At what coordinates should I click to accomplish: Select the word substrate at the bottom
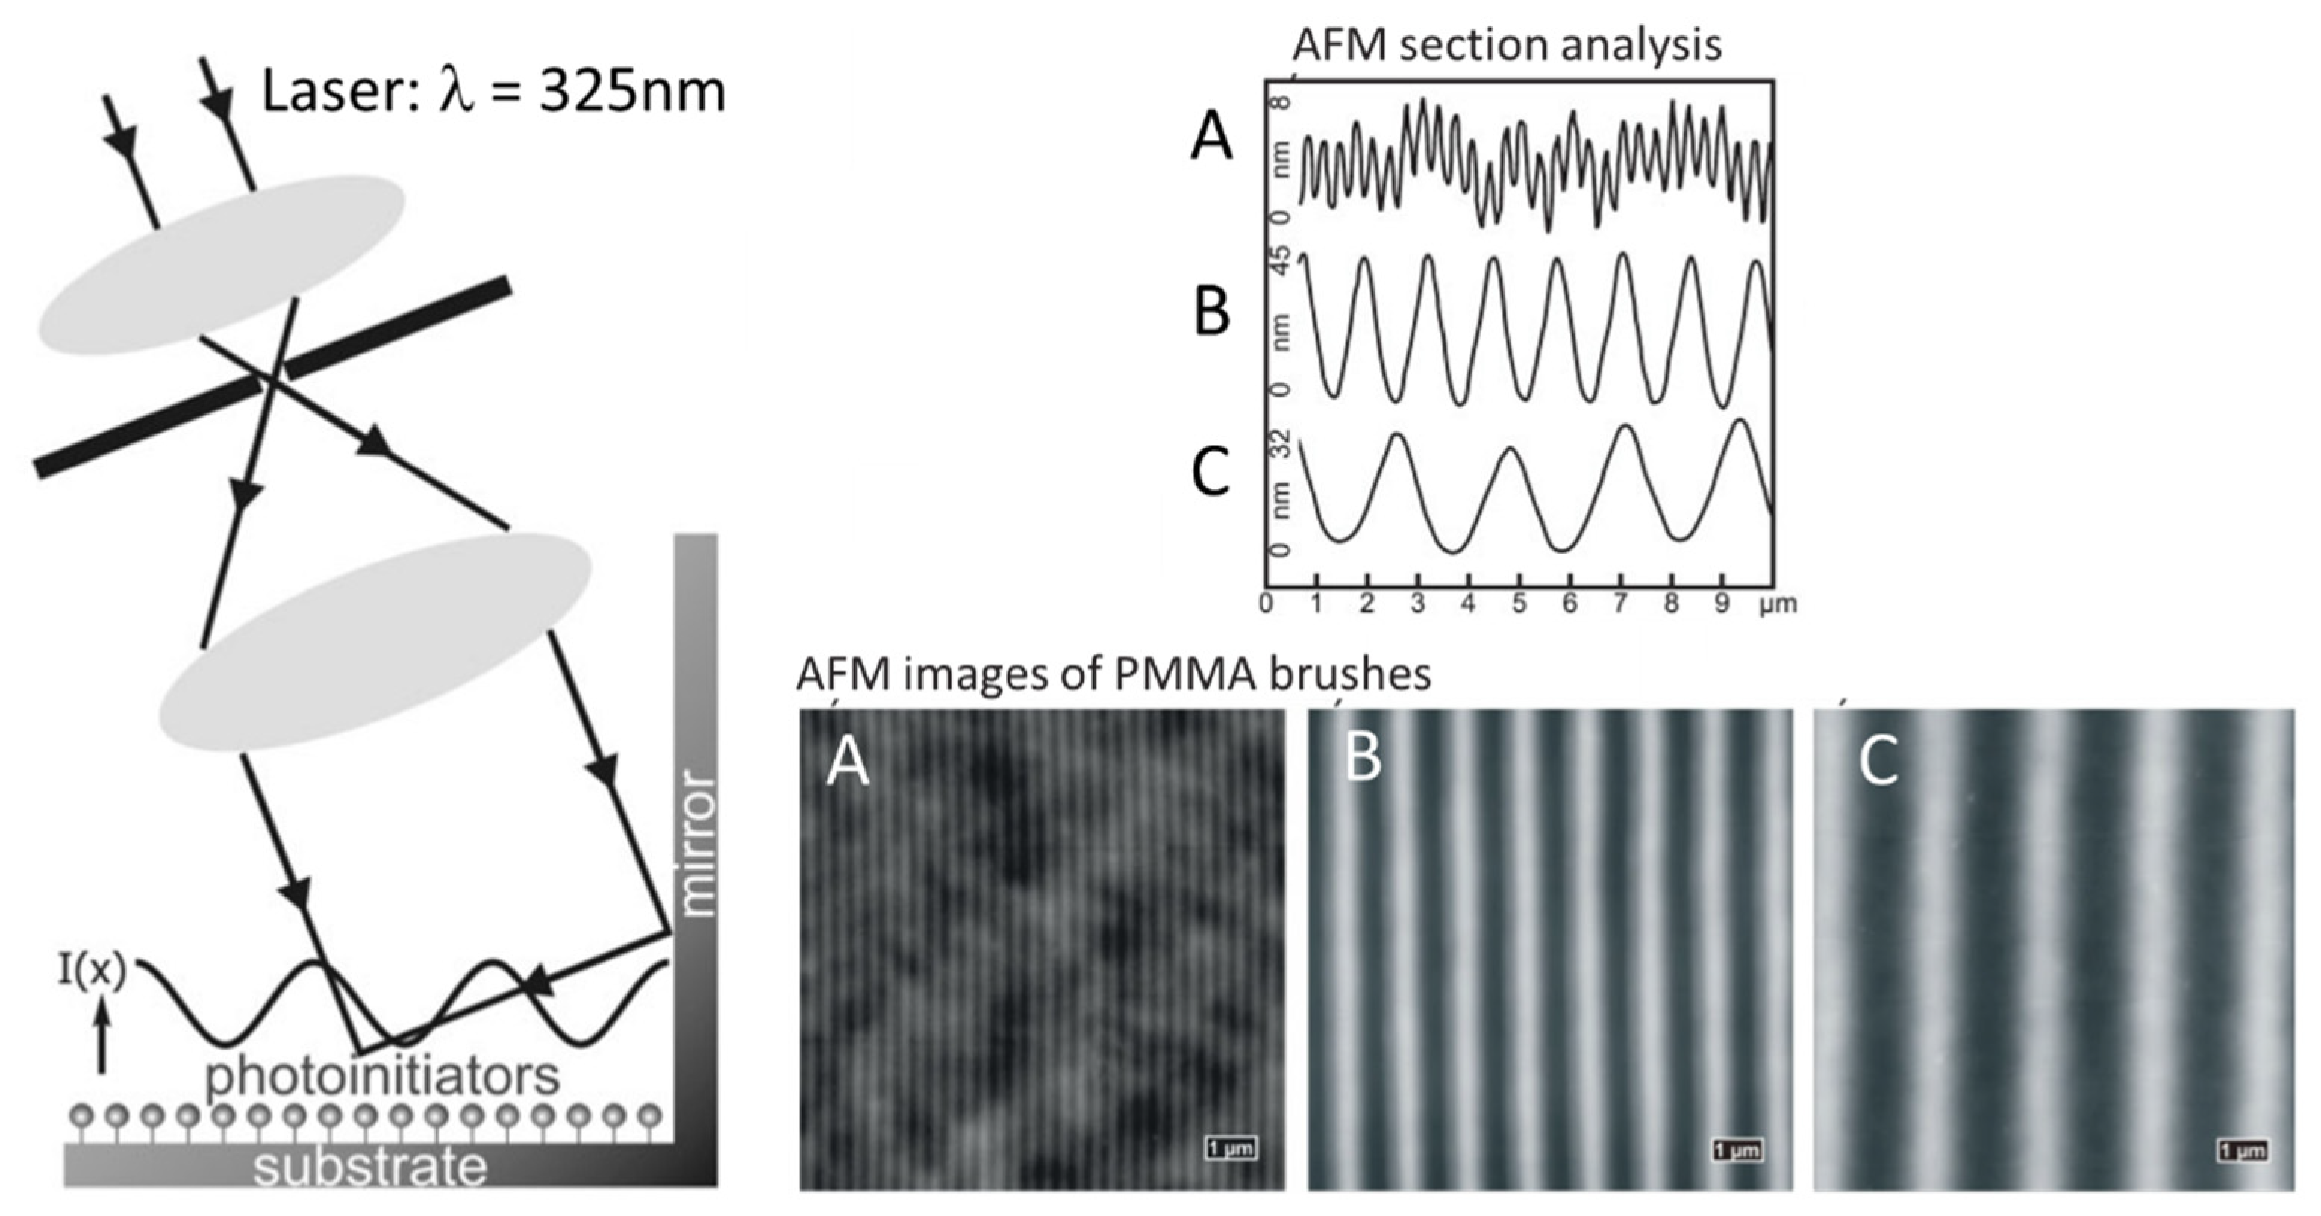[369, 1168]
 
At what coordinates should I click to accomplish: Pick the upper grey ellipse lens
[221, 259]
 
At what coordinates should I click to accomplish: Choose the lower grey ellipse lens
[374, 642]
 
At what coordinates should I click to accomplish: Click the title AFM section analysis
[1507, 45]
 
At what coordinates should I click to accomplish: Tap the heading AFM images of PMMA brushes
[1113, 674]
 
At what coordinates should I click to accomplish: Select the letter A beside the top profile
[1211, 140]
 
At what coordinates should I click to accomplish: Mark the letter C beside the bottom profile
[1211, 472]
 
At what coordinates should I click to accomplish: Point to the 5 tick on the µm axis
[1519, 604]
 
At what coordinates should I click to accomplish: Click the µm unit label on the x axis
[1777, 604]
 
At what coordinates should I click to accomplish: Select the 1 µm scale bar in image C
[2243, 1150]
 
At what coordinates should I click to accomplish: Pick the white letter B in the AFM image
[1363, 759]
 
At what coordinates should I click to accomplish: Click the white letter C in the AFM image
[1878, 761]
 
